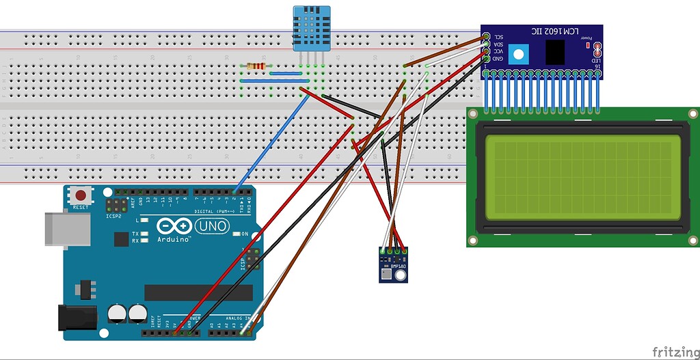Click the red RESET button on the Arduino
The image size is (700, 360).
[x=81, y=195]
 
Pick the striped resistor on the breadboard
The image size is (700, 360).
[x=256, y=66]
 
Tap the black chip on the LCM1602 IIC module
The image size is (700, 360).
[x=555, y=52]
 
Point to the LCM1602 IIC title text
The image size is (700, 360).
[x=556, y=32]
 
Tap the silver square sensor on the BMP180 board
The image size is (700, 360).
[x=388, y=274]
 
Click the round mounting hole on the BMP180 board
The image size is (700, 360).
[x=401, y=275]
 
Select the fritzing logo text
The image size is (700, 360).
[x=675, y=350]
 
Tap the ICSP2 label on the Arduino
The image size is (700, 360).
[x=114, y=216]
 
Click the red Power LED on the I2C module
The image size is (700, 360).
[x=589, y=46]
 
